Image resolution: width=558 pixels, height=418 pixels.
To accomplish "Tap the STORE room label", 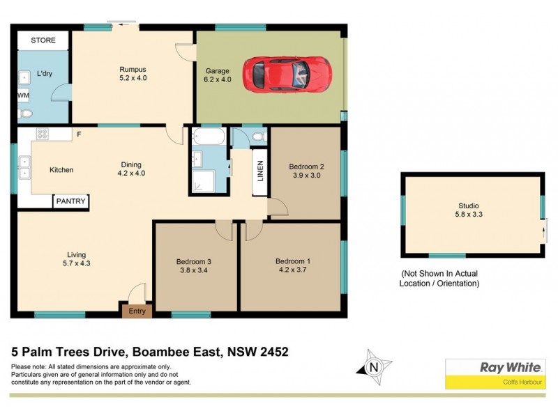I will coord(43,40).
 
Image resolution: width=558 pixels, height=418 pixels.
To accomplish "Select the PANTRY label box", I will coord(71,201).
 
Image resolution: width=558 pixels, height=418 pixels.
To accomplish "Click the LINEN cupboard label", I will coord(259,171).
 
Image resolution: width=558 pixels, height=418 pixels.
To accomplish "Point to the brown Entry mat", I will coord(137,311).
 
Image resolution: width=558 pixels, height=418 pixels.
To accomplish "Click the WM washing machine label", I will coord(23,95).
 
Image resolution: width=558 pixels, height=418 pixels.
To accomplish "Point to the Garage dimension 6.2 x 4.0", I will coord(218,80).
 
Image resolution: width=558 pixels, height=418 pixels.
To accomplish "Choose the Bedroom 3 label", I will coord(193,262).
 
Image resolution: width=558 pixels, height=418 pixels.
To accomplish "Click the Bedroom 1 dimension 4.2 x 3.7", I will coord(292,271).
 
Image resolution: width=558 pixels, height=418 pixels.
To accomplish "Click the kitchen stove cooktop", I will coord(42,134).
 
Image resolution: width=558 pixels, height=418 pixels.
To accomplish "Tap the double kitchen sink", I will coord(24,168).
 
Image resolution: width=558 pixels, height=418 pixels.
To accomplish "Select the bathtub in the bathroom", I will coord(208,136).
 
